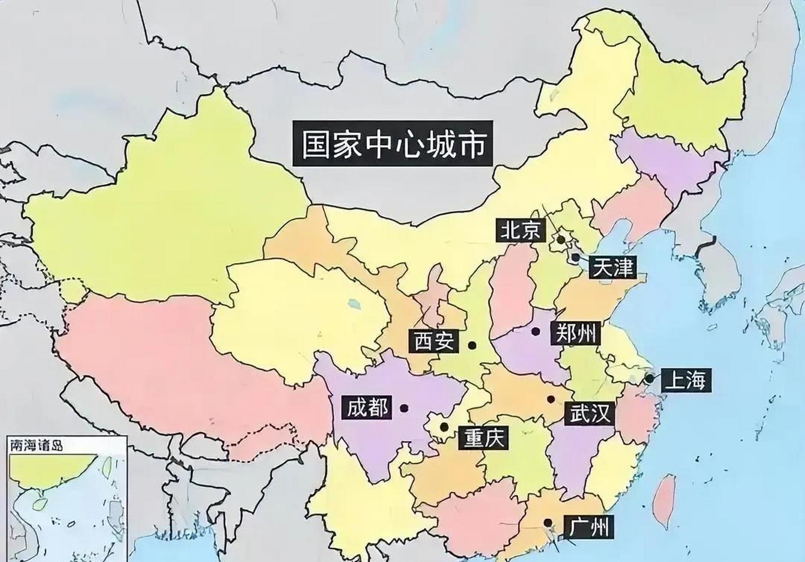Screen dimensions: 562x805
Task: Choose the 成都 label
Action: [367, 407]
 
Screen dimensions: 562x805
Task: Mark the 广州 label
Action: [589, 527]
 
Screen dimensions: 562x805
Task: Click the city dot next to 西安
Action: [472, 346]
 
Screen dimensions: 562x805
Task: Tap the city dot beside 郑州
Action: [535, 331]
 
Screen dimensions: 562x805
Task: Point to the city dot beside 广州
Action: [548, 522]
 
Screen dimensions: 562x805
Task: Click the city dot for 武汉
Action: [550, 399]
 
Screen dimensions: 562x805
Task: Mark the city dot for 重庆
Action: [444, 426]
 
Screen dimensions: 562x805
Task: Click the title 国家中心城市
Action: [393, 144]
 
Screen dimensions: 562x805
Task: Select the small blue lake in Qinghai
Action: [353, 303]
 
